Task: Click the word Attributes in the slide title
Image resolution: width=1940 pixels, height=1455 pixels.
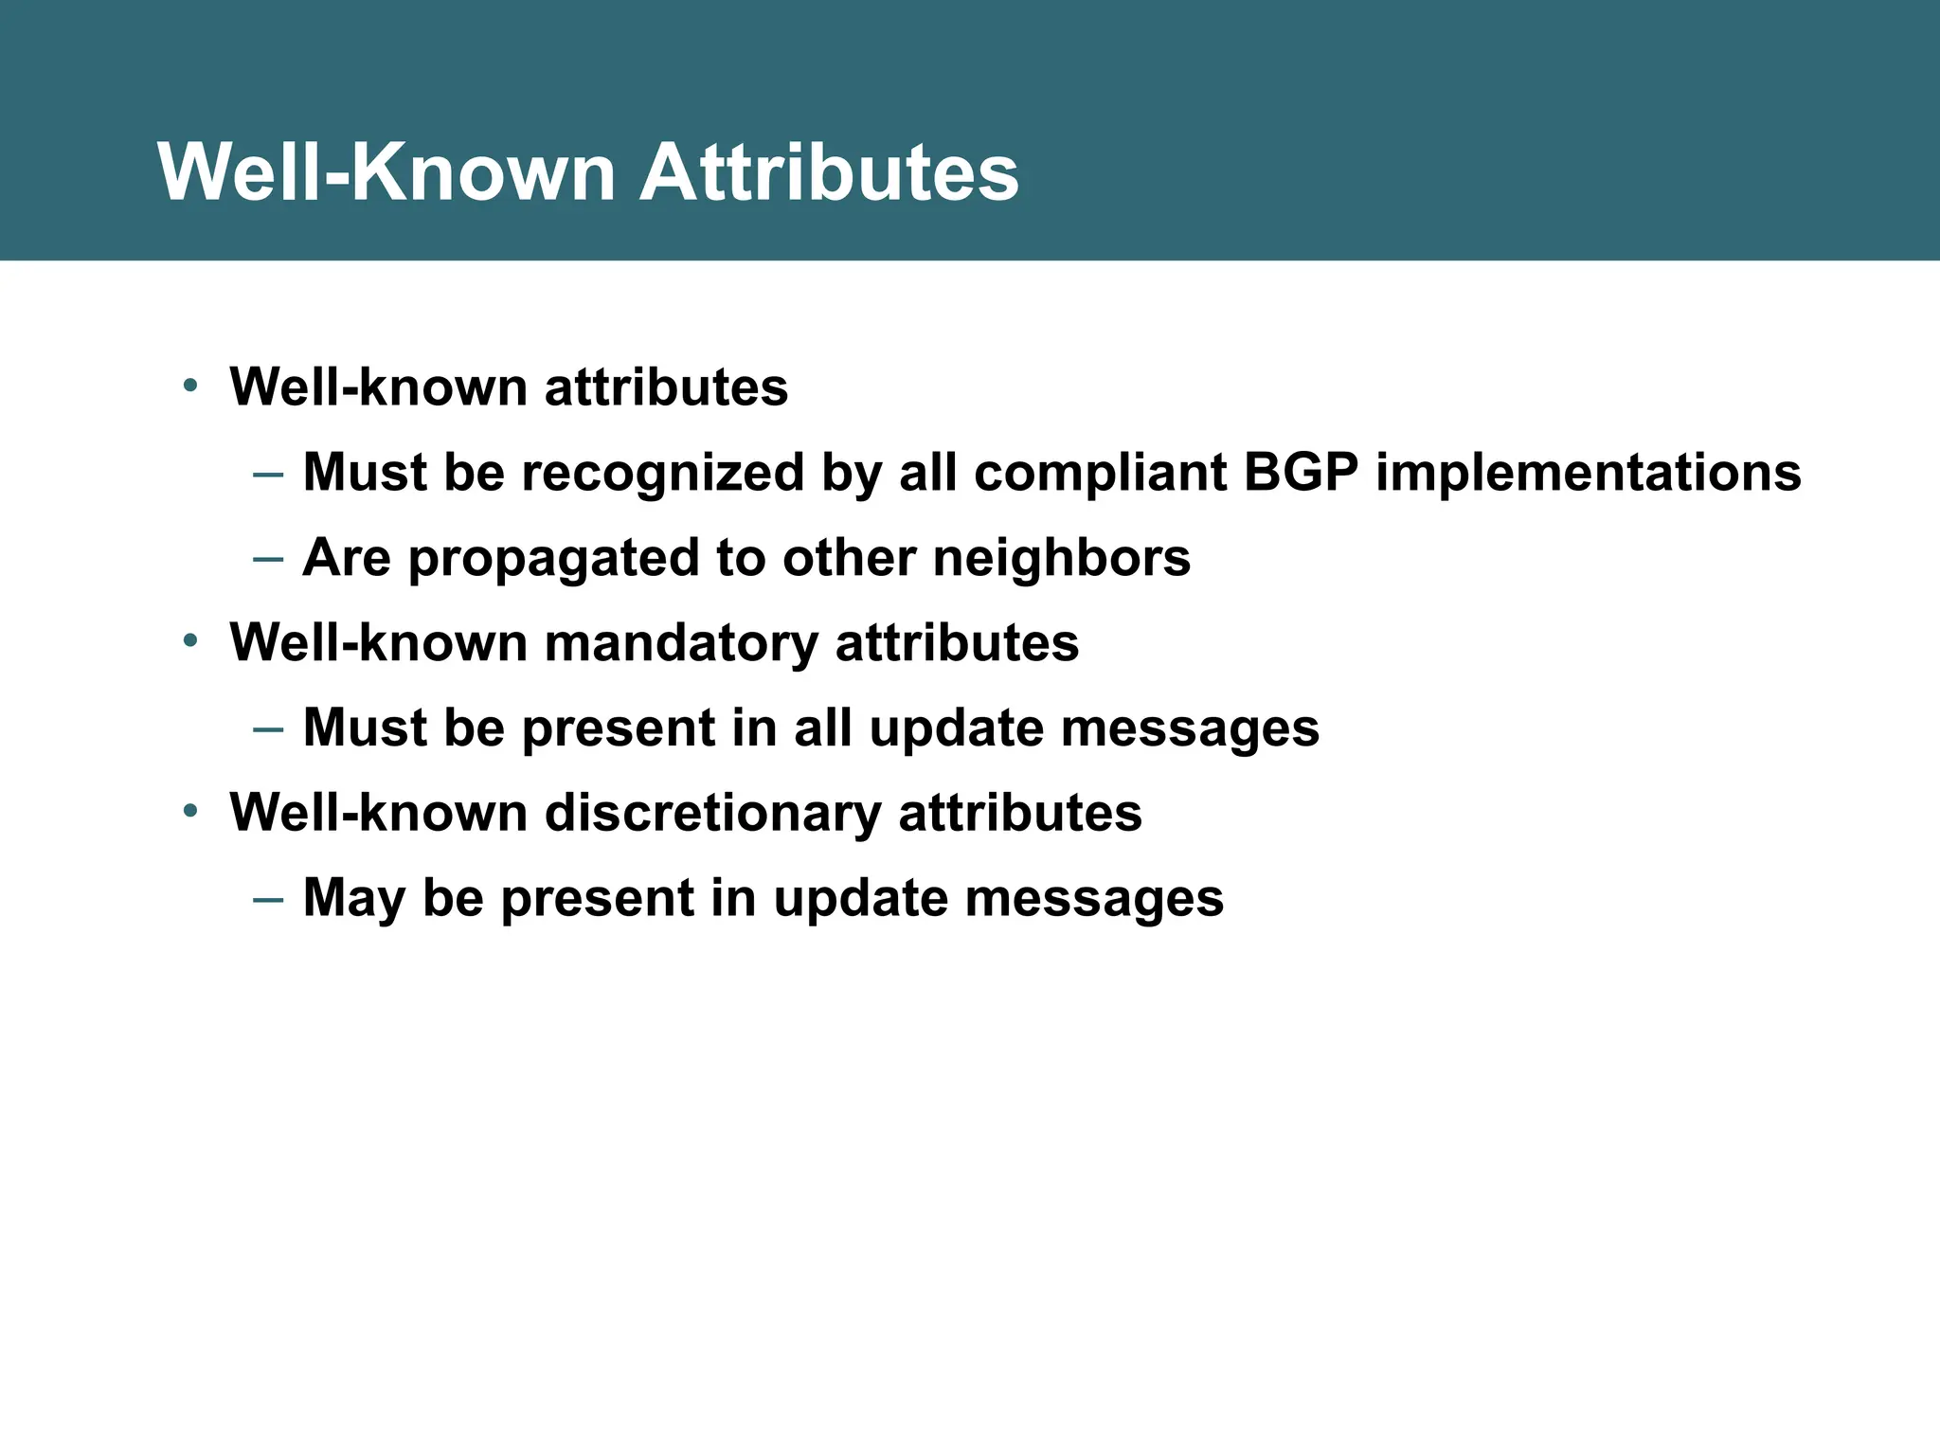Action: pyautogui.click(x=829, y=172)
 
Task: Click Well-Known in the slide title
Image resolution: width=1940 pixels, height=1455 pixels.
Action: pyautogui.click(x=386, y=172)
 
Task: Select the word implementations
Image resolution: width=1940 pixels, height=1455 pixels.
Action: pyautogui.click(x=1589, y=472)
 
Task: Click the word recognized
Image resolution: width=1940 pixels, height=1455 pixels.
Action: pyautogui.click(x=663, y=472)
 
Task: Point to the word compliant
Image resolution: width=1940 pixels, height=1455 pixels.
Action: pyautogui.click(x=1100, y=472)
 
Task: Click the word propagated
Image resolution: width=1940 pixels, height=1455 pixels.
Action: pyautogui.click(x=553, y=559)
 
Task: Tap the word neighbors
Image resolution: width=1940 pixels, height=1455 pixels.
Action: pyautogui.click(x=1061, y=557)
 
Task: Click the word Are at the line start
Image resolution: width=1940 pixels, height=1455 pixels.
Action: pyautogui.click(x=346, y=557)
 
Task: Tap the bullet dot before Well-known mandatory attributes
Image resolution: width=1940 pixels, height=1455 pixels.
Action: pyautogui.click(x=190, y=641)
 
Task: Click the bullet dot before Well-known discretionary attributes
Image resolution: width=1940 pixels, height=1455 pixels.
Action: pyautogui.click(x=190, y=812)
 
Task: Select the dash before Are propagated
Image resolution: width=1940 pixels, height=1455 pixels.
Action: pyautogui.click(x=268, y=558)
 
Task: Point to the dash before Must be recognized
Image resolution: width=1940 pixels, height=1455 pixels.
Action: pyautogui.click(x=268, y=473)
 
